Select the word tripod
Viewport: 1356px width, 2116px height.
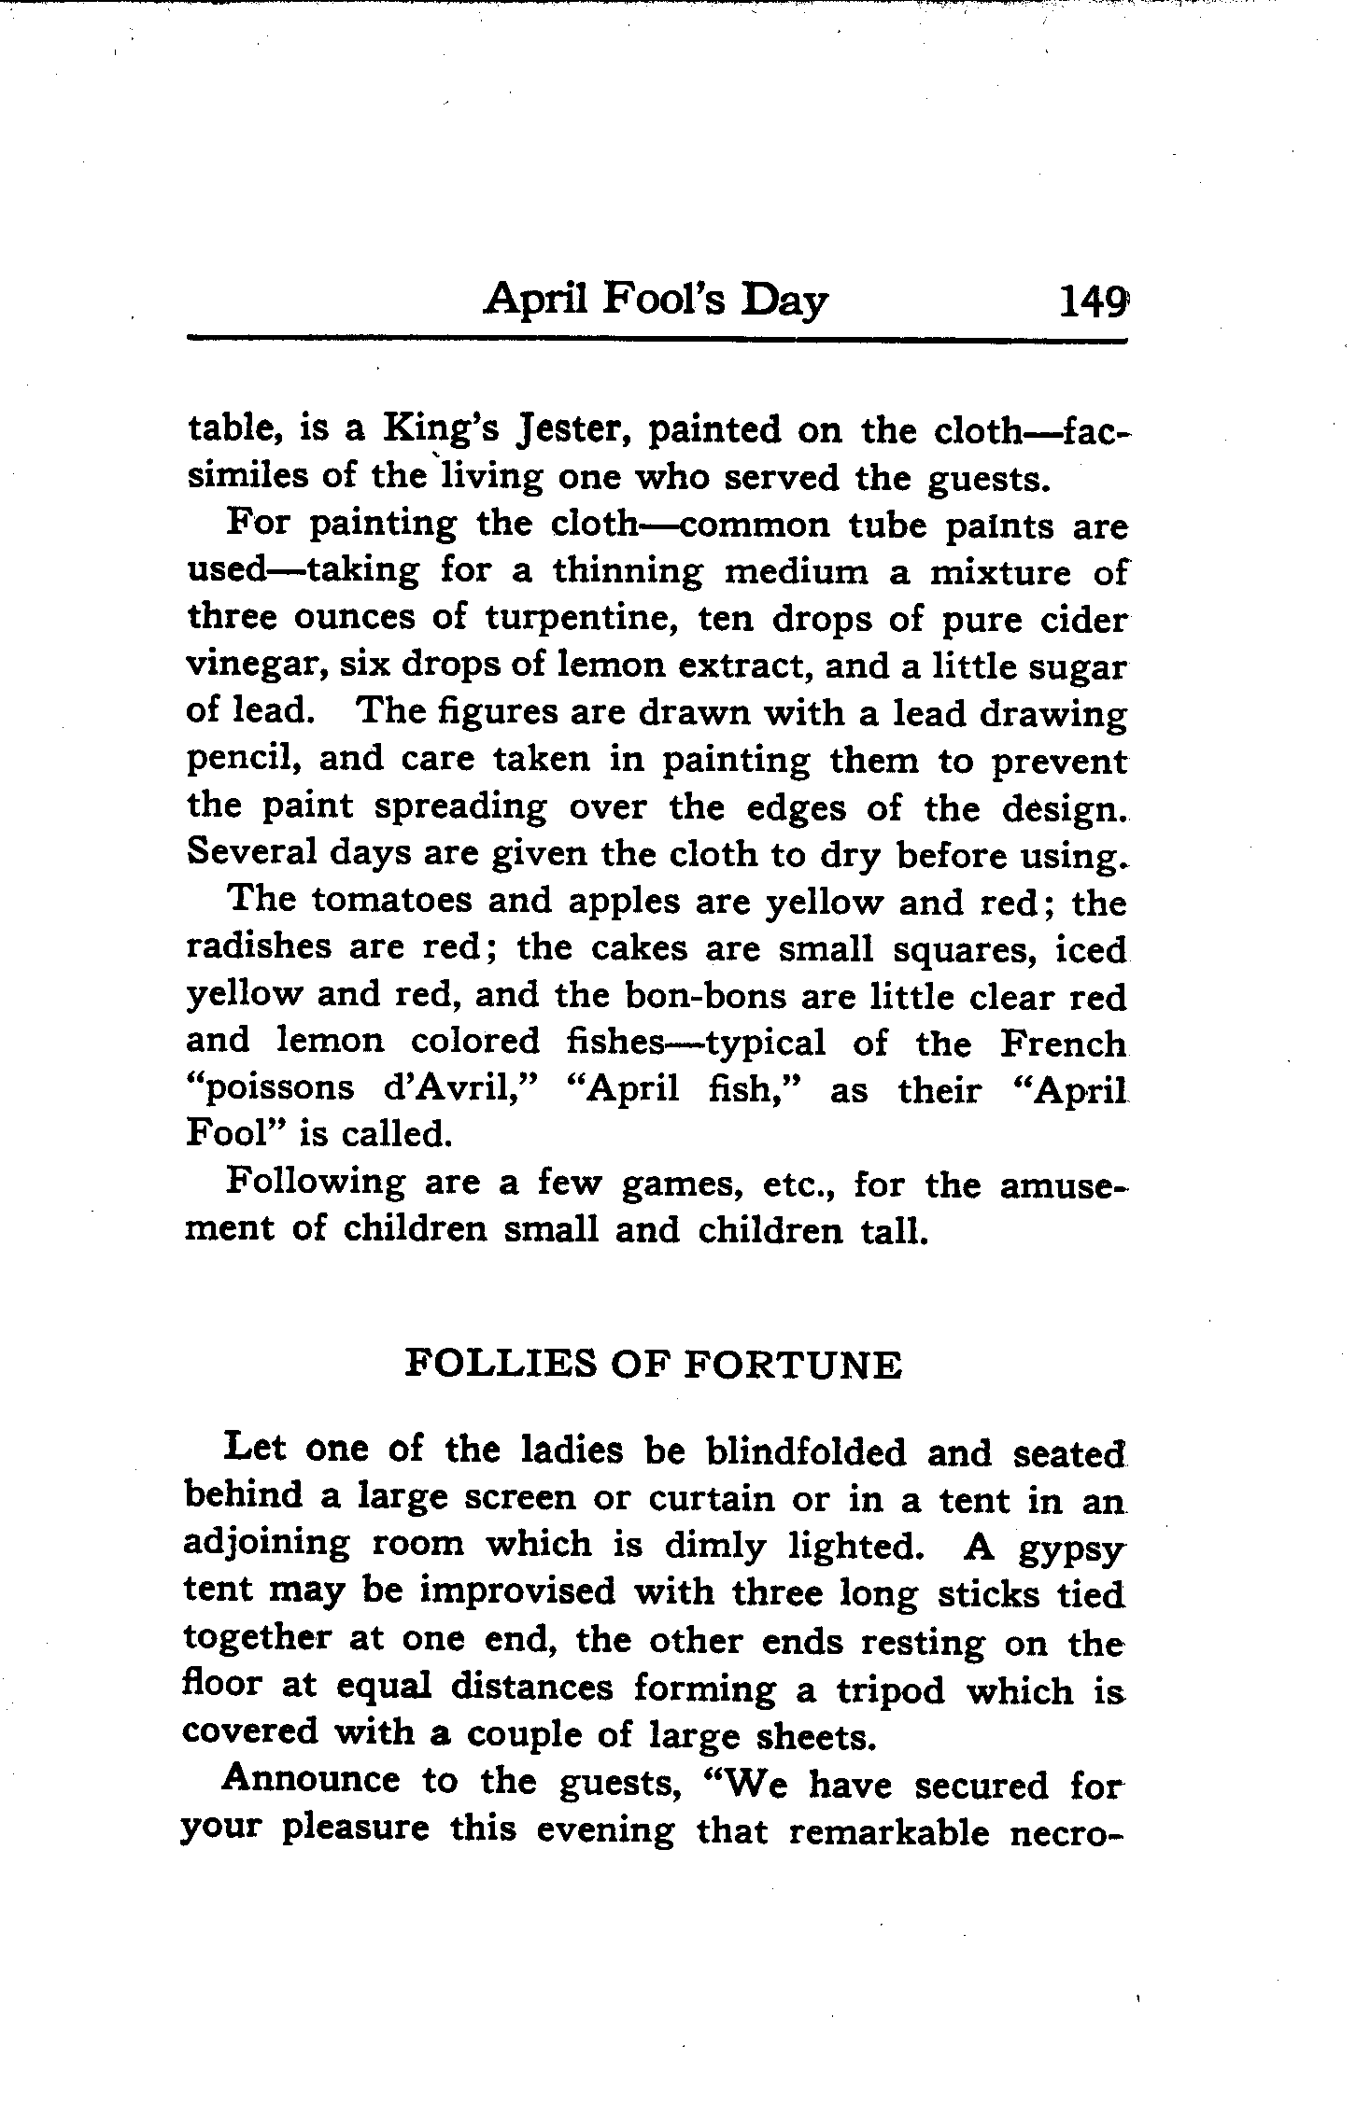point(887,1690)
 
